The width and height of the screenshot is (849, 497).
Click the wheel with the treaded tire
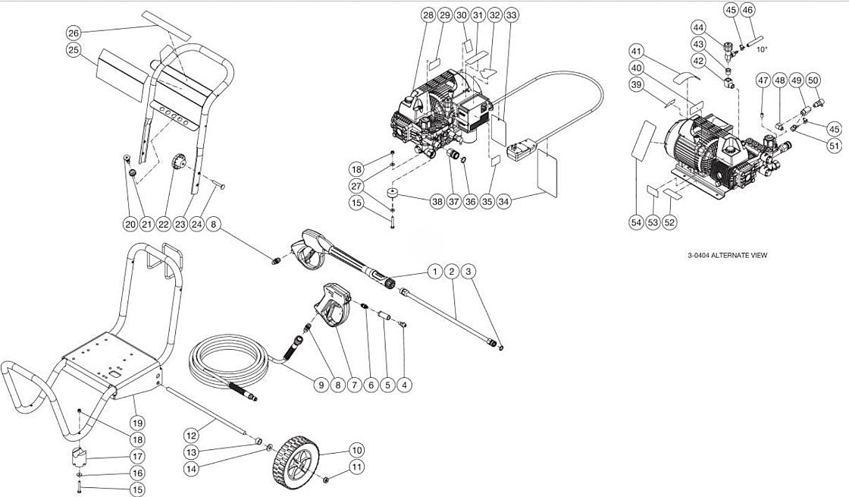tap(293, 458)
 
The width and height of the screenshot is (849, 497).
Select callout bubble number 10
tap(356, 449)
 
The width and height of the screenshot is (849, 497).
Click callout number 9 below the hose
tap(321, 385)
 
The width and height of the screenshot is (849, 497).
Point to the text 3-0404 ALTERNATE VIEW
tap(726, 256)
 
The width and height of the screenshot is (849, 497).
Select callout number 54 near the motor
tap(635, 222)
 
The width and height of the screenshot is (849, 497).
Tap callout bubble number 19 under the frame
tap(136, 423)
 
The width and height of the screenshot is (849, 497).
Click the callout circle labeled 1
tap(434, 271)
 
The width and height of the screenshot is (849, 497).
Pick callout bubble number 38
tap(437, 202)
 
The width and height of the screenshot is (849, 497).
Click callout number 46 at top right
tap(747, 10)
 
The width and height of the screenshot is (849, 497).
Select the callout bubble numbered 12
tap(191, 436)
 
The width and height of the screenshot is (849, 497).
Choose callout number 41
tap(637, 51)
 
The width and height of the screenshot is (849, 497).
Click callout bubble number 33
tap(512, 15)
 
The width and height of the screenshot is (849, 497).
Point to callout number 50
tap(813, 80)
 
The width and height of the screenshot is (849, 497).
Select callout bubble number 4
tap(405, 385)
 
